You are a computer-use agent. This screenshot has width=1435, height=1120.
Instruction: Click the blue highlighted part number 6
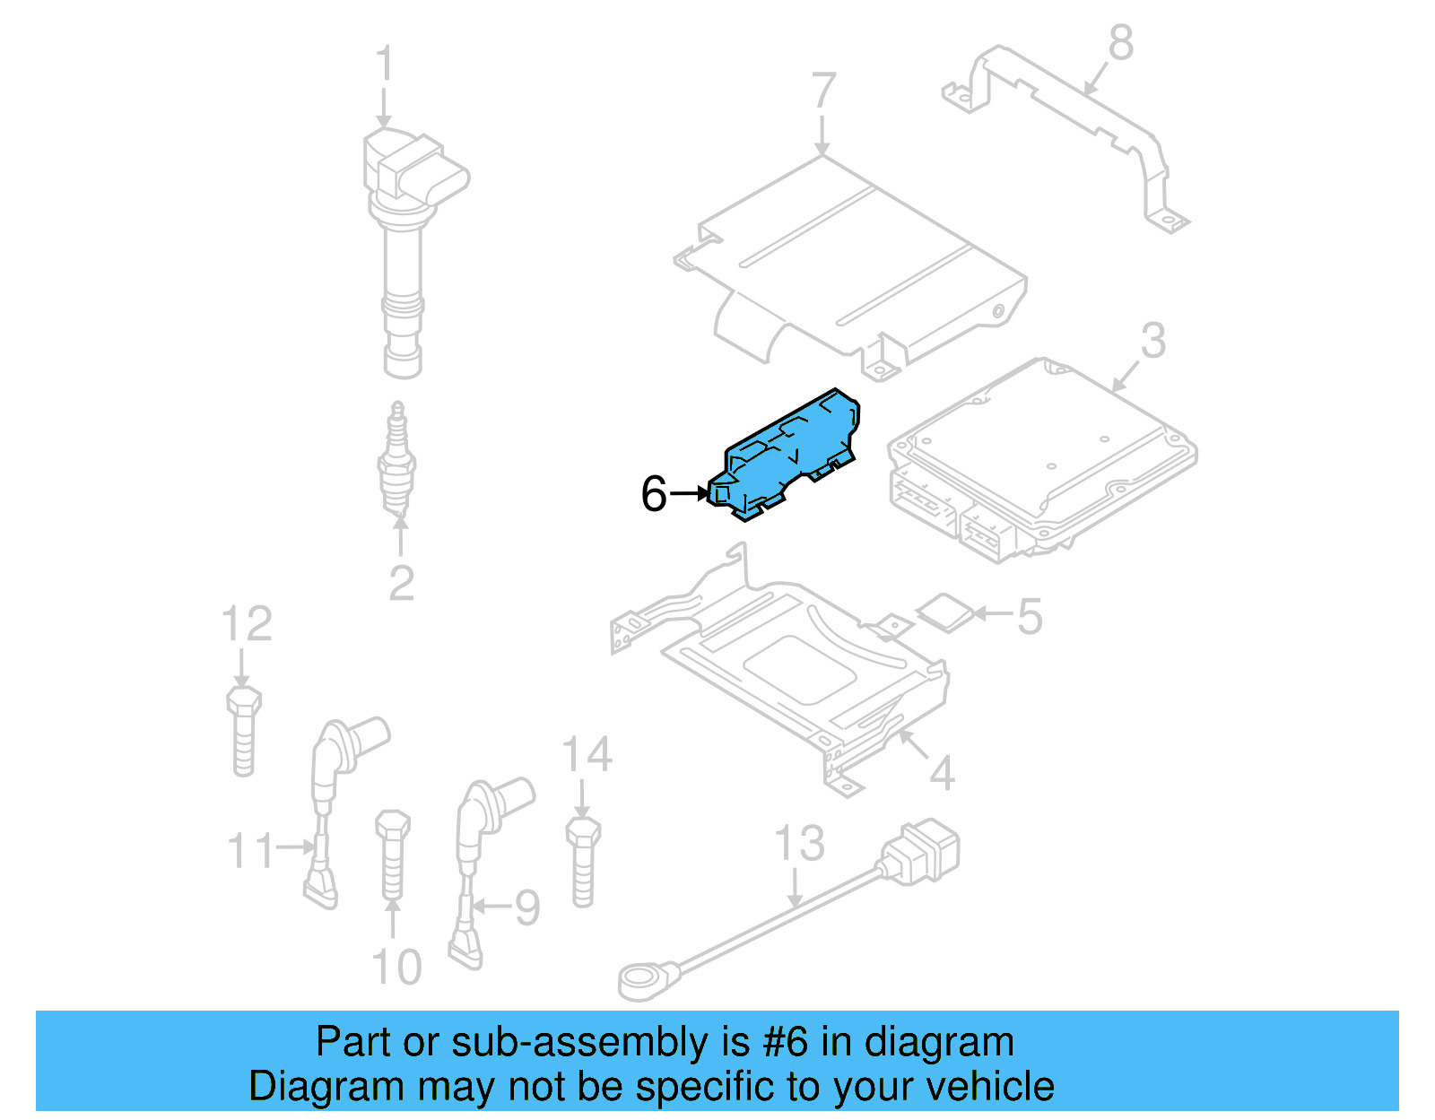coord(785,453)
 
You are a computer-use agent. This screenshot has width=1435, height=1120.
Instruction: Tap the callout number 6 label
coord(654,494)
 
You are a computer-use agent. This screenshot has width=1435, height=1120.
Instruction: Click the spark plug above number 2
coord(396,462)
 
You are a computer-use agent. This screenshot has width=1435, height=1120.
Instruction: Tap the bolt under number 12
coord(243,731)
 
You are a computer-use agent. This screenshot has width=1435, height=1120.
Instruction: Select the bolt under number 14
coord(583,861)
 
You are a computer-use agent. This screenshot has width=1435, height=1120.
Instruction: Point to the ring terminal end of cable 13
coord(642,979)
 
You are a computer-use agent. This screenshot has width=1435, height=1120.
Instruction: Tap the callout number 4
coord(941,773)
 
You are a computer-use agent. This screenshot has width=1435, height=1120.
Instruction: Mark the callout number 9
coord(526,907)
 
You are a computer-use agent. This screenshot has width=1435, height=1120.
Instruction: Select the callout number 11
coord(250,850)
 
